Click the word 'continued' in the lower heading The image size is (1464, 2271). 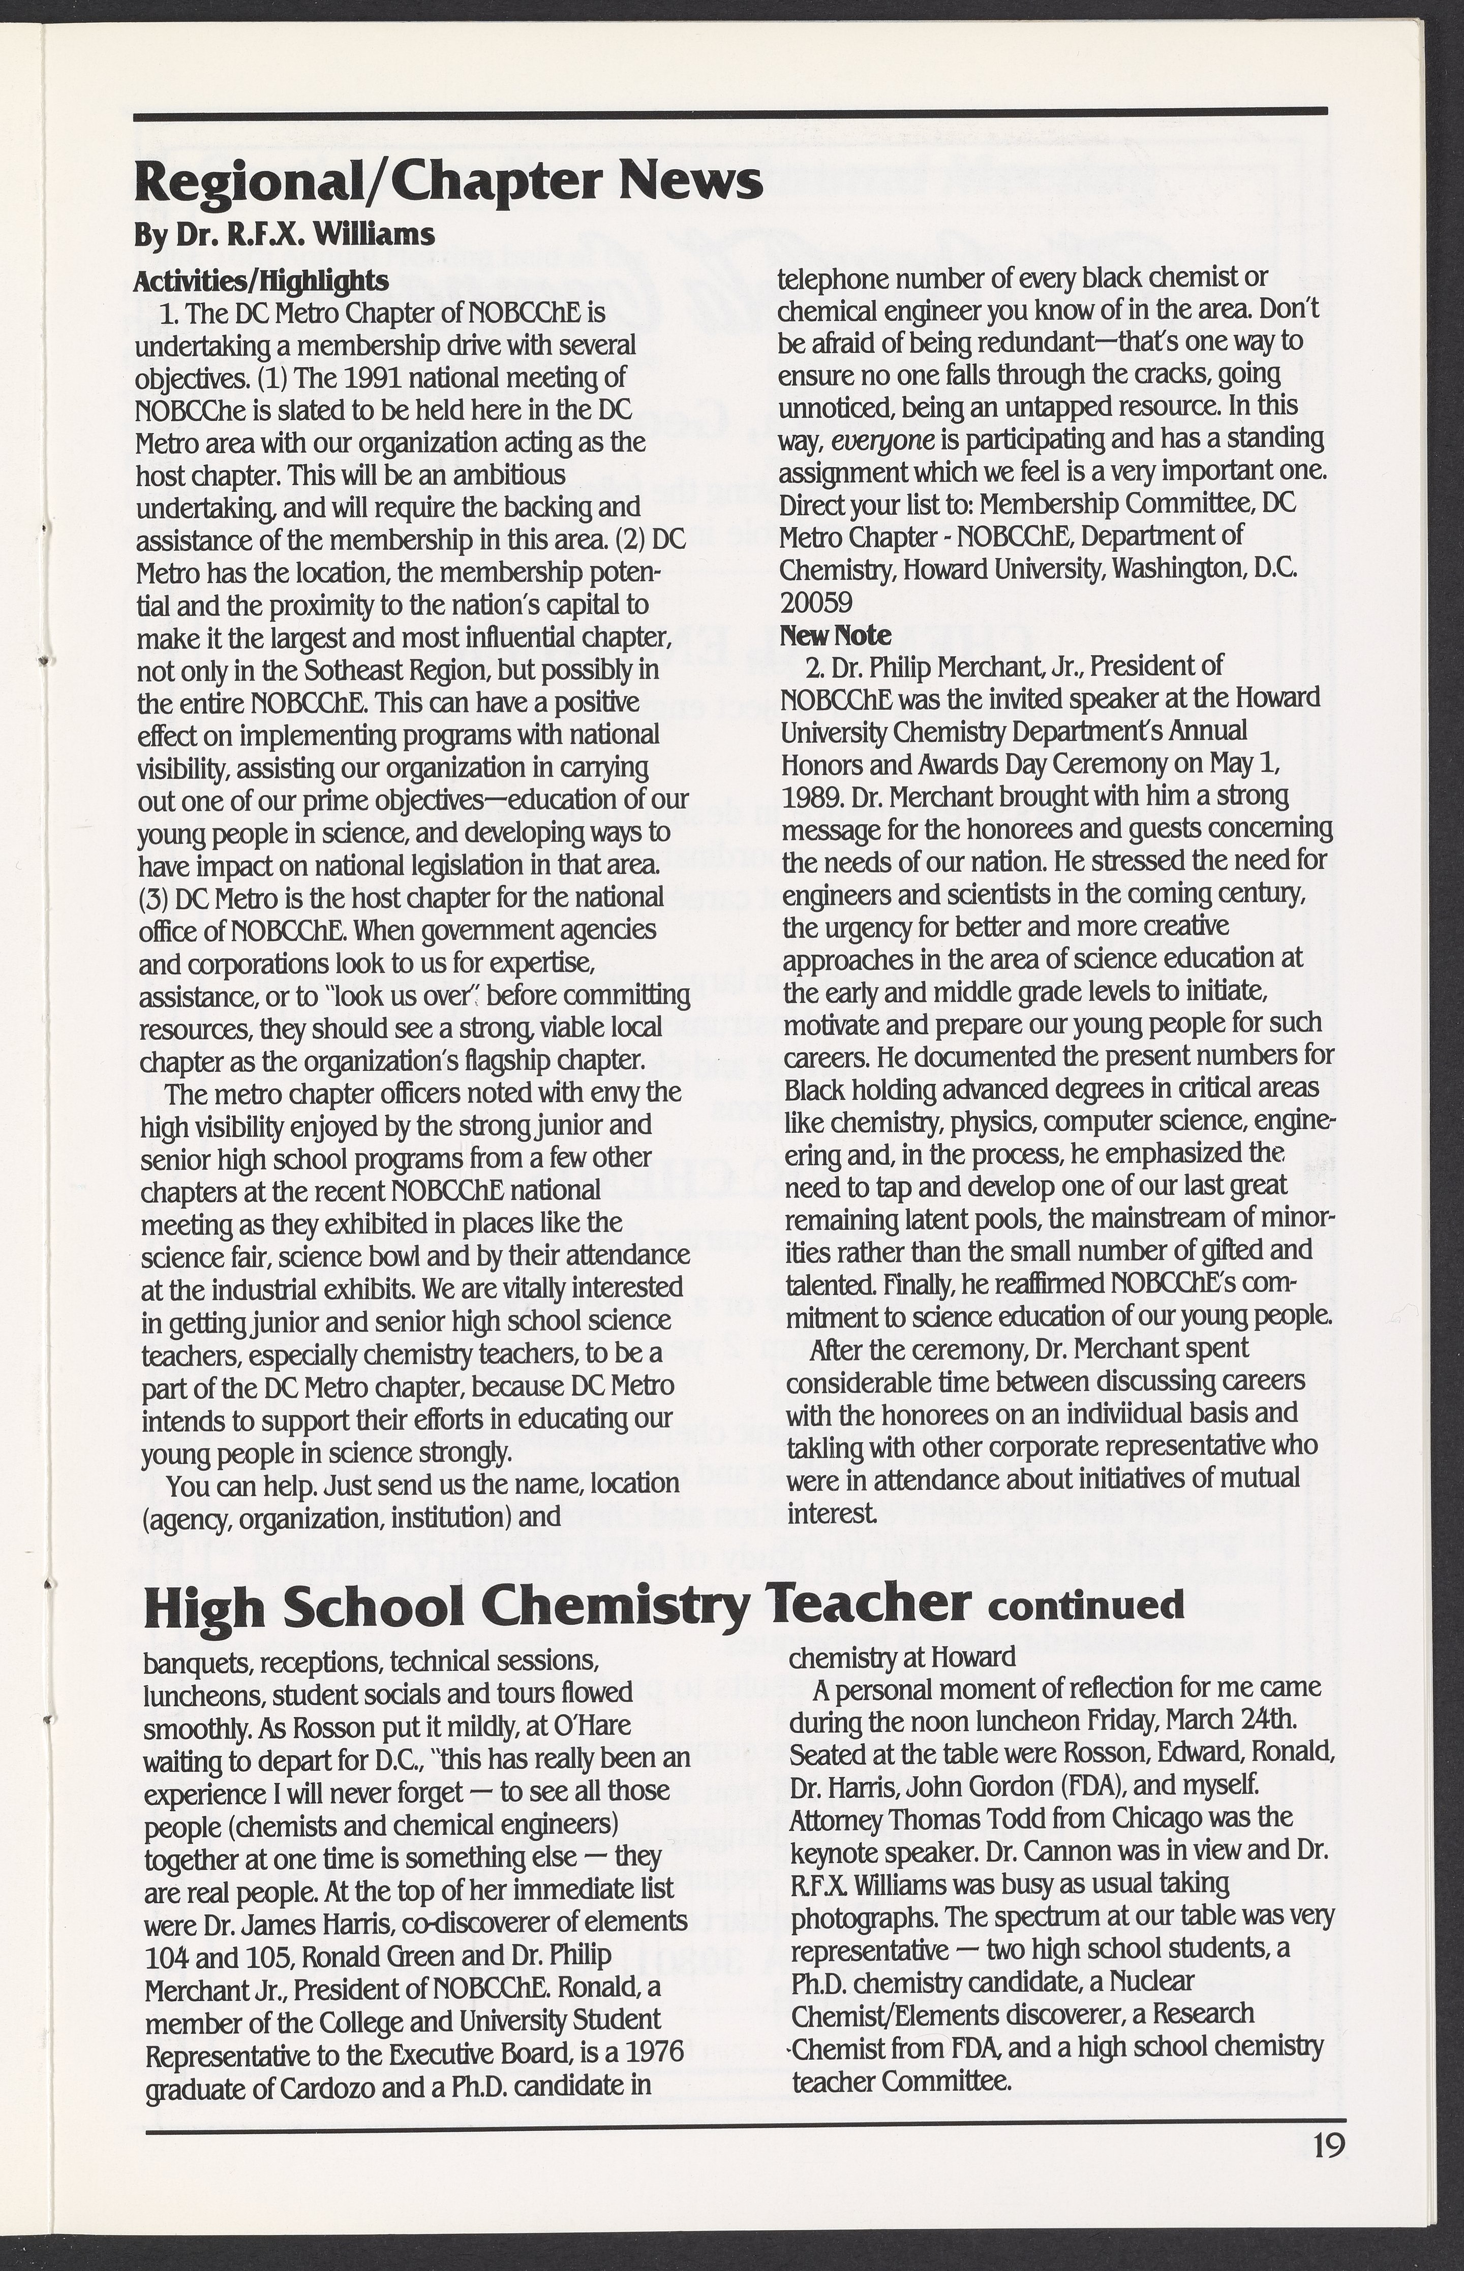[1086, 1606]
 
